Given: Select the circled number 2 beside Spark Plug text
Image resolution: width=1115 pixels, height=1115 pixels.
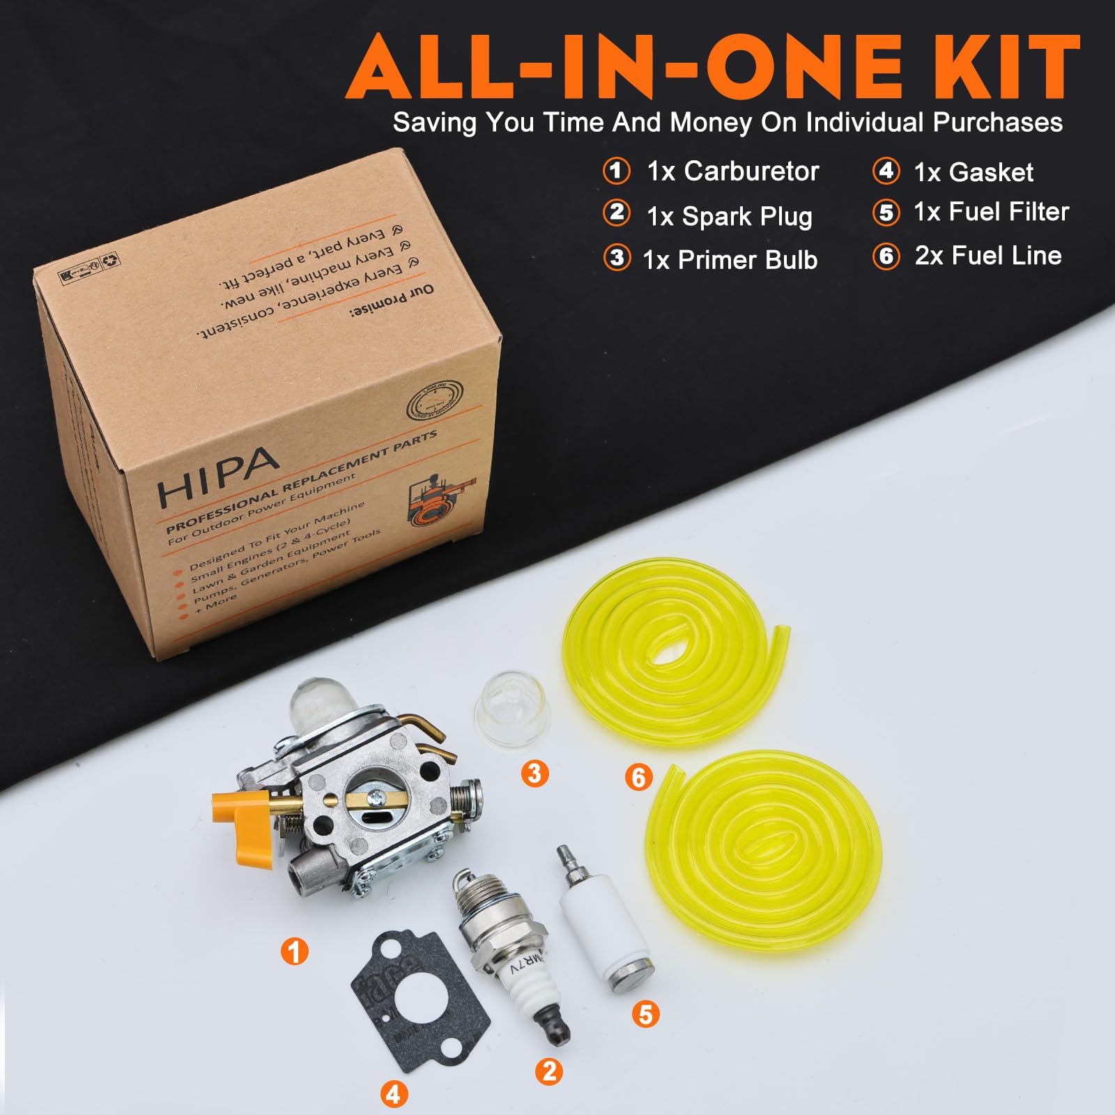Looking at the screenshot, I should coord(616,213).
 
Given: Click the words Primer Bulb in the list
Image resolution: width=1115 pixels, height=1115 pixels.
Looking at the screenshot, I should coord(748,260).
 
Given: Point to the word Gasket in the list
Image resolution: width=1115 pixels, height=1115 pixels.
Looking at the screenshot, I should coord(993,172).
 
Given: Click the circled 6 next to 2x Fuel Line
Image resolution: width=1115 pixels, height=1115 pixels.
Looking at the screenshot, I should coord(886,256).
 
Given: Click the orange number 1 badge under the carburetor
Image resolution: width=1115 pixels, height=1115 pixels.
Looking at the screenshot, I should coord(294,951).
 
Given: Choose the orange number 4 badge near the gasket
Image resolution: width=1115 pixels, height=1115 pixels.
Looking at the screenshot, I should coord(394,1093).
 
